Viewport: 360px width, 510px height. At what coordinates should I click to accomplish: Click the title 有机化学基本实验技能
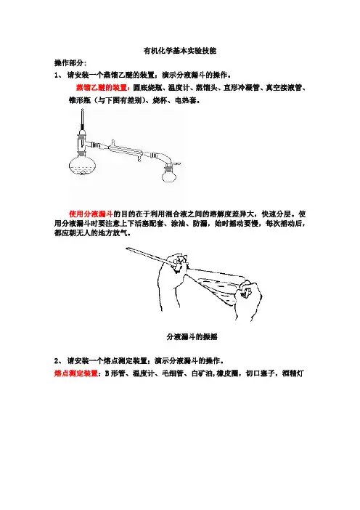pyautogui.click(x=180, y=51)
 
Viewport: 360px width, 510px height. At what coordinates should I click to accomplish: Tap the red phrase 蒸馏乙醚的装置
pyautogui.click(x=102, y=87)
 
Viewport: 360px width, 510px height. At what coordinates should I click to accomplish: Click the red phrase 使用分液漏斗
pyautogui.click(x=91, y=214)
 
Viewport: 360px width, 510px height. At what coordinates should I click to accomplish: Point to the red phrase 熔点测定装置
pyautogui.click(x=76, y=373)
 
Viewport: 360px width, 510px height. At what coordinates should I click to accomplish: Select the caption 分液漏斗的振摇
pyautogui.click(x=192, y=337)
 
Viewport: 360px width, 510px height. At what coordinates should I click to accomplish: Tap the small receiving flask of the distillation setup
pyautogui.click(x=168, y=175)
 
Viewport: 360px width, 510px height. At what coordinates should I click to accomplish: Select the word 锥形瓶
pyautogui.click(x=80, y=100)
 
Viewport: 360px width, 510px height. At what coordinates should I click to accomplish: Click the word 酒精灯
pyautogui.click(x=293, y=373)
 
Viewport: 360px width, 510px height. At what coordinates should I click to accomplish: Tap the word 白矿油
pyautogui.click(x=202, y=373)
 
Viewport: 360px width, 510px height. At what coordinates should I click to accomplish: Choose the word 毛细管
pyautogui.click(x=173, y=373)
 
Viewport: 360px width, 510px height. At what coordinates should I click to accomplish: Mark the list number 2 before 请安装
pyautogui.click(x=56, y=361)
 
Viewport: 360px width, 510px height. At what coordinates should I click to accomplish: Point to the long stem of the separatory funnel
pyautogui.click(x=149, y=256)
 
